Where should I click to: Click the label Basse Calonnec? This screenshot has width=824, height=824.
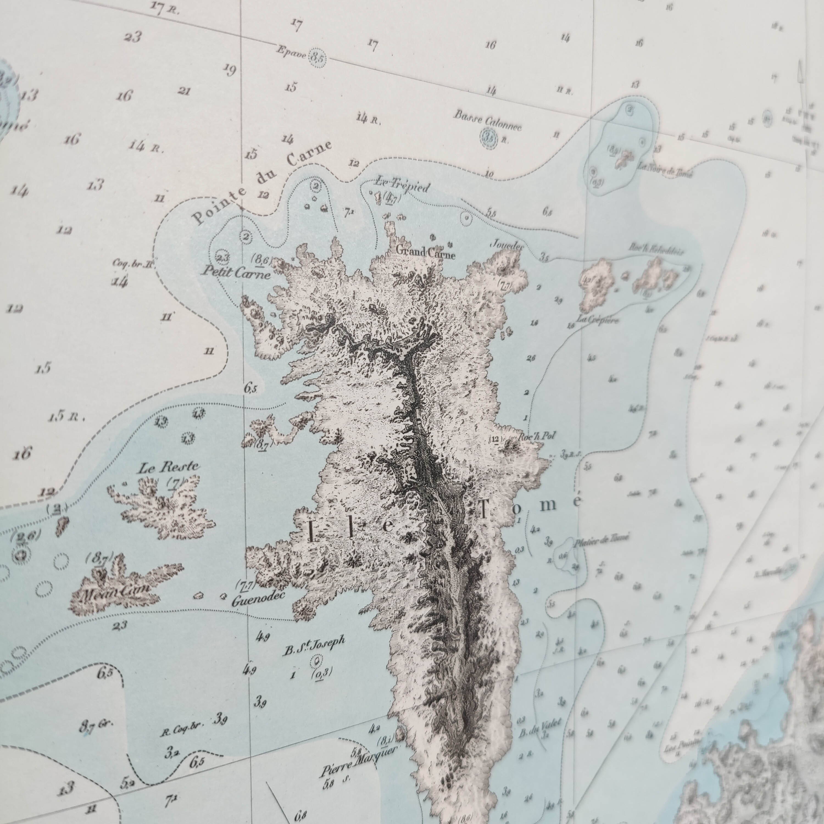tap(488, 120)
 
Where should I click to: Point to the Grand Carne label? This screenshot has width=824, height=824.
tap(426, 252)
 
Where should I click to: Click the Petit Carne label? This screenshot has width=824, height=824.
tap(236, 272)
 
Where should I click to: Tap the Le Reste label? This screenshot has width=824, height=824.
tap(168, 468)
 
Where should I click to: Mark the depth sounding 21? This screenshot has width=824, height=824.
tap(183, 91)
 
